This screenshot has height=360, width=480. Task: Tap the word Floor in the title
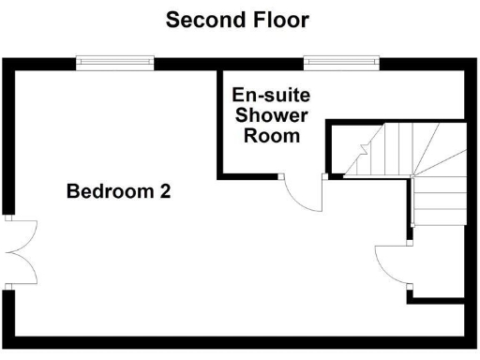[x=277, y=20]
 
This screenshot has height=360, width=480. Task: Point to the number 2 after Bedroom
[x=164, y=191]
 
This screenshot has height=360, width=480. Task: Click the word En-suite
[x=271, y=96]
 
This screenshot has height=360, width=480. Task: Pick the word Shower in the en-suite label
[x=271, y=115]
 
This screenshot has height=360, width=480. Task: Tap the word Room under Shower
[x=271, y=135]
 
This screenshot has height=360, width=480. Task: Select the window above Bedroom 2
[x=115, y=63]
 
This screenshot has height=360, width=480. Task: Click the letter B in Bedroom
[x=72, y=191]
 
